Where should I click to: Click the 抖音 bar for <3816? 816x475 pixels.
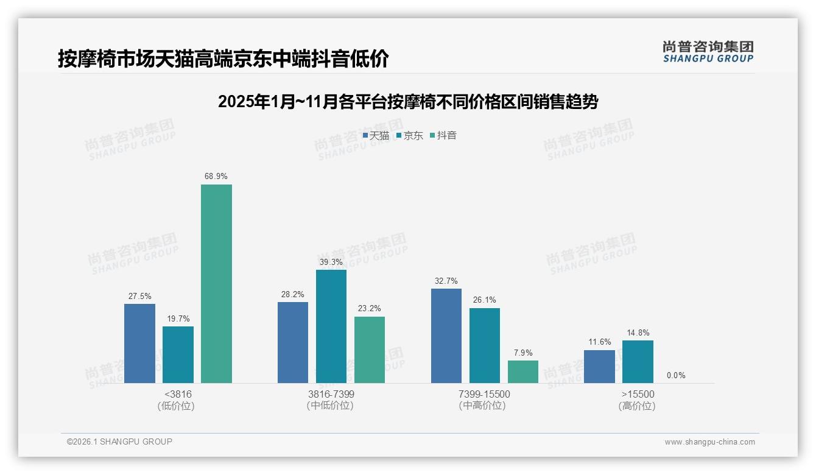[216, 284]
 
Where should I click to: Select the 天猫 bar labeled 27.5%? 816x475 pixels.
[139, 343]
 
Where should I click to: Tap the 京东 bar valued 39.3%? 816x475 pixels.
[331, 326]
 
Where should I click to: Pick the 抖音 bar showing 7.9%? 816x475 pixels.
[523, 371]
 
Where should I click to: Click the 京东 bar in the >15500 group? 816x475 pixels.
[638, 362]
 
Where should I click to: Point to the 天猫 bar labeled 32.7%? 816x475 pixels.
[446, 336]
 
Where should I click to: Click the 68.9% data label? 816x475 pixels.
[216, 177]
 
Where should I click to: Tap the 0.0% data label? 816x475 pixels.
[676, 376]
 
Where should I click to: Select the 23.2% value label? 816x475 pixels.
[370, 309]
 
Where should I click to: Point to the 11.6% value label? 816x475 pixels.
[600, 342]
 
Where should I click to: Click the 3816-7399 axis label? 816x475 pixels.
[331, 395]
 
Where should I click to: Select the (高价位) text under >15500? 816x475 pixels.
[637, 406]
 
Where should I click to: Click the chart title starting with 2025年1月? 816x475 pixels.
[408, 102]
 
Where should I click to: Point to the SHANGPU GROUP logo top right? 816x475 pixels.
[708, 52]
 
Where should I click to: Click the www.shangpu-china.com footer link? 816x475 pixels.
[709, 442]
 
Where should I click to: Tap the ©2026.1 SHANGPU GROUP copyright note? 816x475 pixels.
[120, 442]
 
